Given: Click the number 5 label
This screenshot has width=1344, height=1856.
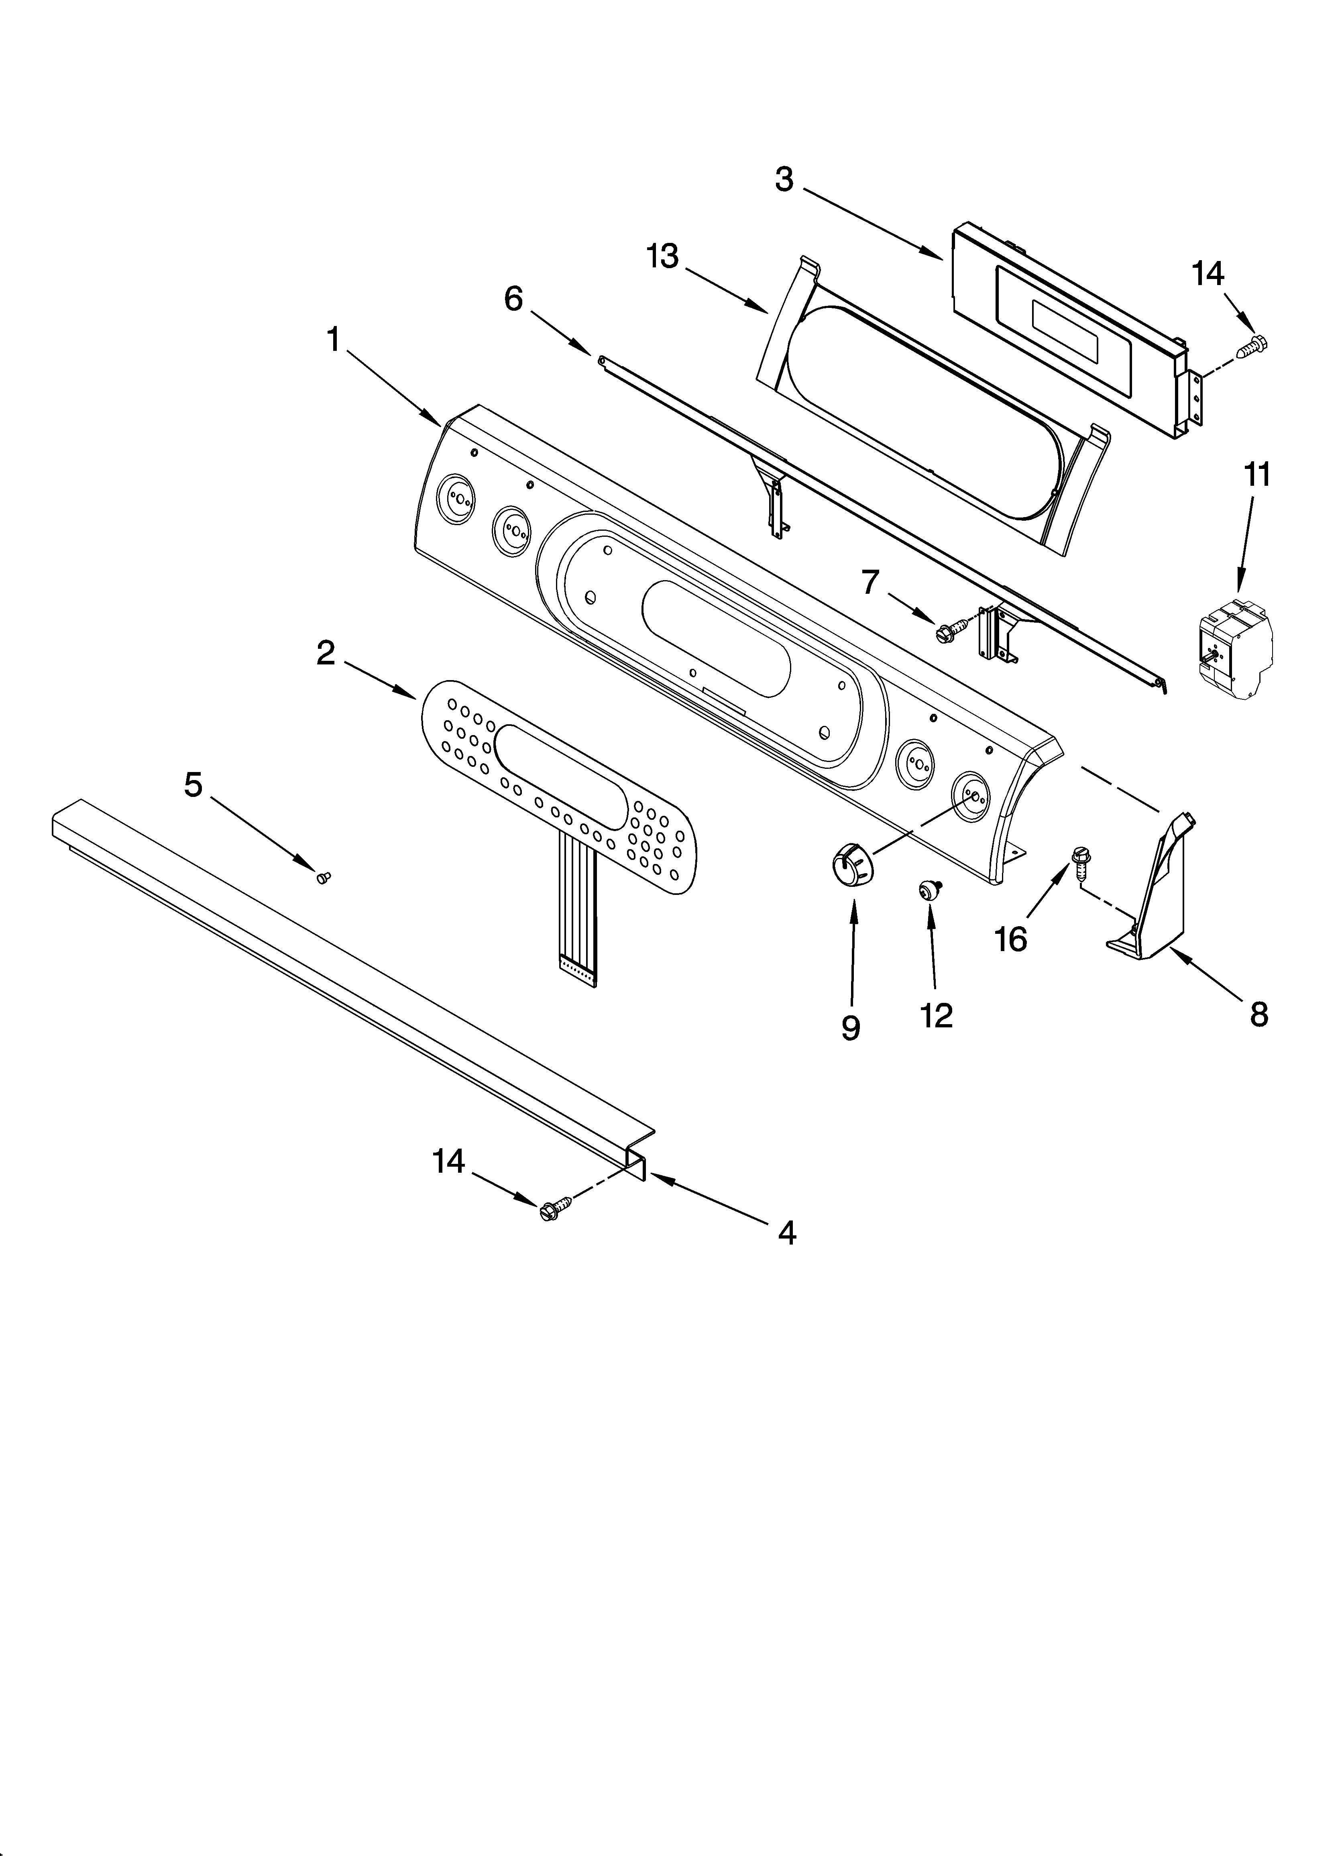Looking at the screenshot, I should [x=193, y=785].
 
